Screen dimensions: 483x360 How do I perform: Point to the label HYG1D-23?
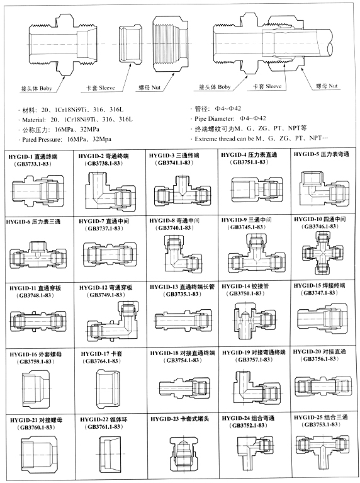coord(166,418)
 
